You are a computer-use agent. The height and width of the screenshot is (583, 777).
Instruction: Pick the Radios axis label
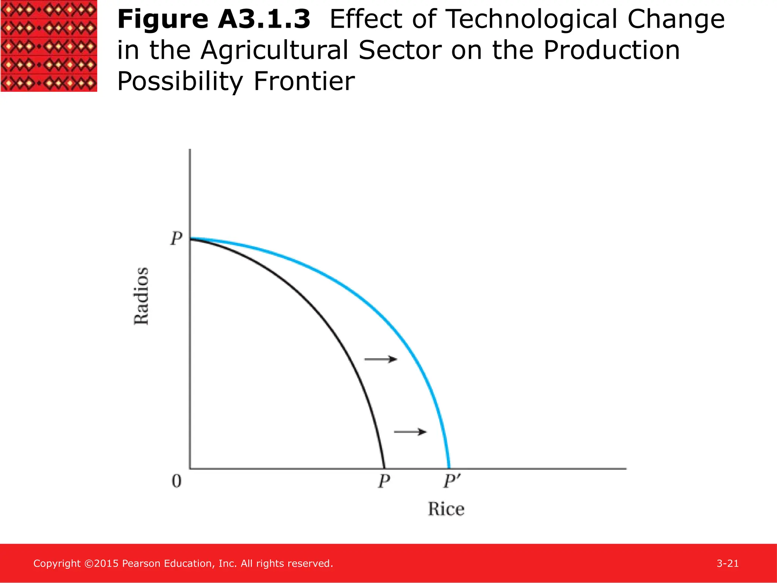pos(142,296)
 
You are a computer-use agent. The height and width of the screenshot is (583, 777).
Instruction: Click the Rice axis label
pos(446,509)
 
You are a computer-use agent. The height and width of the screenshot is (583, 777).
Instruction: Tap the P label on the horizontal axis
pos(384,481)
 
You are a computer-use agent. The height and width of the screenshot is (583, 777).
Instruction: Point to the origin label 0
pos(176,481)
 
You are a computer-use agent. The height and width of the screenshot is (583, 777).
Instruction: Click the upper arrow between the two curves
pos(381,359)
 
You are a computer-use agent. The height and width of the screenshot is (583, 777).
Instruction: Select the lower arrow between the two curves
pos(410,432)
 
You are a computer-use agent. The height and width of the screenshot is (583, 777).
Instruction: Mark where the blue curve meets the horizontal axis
pos(449,468)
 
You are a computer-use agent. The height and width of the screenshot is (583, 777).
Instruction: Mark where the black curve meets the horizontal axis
pos(384,468)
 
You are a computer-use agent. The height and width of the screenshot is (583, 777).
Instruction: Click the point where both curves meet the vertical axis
pos(190,238)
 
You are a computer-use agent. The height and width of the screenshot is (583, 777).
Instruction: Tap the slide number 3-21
pos(727,564)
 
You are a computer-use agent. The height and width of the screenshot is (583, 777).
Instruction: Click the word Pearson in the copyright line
pos(141,564)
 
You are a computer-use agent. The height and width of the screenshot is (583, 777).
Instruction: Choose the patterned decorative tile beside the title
pos(49,46)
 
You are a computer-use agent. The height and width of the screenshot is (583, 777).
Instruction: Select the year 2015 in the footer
pos(106,564)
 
